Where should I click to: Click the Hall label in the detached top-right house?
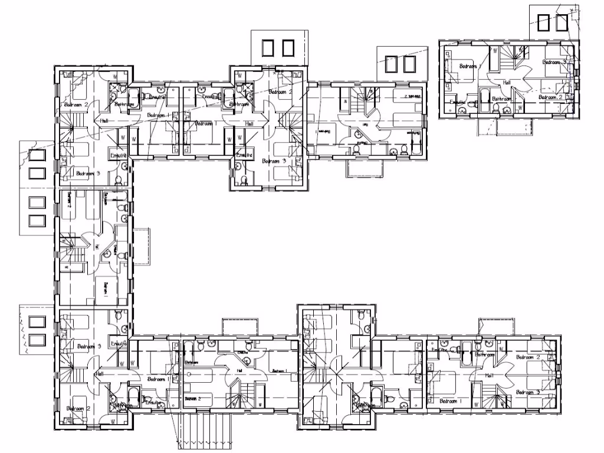[506, 83]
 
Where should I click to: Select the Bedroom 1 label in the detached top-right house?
[468, 67]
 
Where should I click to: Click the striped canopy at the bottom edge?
[202, 430]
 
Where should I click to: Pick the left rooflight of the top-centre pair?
[268, 48]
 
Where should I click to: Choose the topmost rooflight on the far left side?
[37, 156]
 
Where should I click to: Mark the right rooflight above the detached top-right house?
[561, 22]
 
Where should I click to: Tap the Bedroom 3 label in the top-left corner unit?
[88, 173]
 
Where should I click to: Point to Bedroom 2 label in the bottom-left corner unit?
[78, 408]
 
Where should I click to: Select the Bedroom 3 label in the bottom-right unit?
[527, 392]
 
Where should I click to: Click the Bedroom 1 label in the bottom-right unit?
[448, 401]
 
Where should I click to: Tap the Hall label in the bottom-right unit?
[490, 375]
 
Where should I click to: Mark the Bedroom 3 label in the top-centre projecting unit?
[274, 160]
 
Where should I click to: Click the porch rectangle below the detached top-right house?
[514, 126]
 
